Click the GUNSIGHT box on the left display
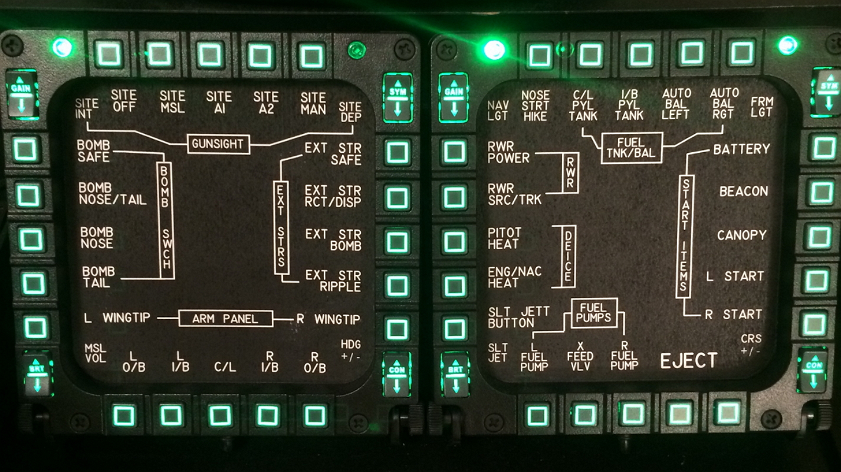pos(218,144)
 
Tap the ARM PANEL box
pos(225,319)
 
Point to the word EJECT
pos(688,360)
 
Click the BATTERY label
pos(741,149)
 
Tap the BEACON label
pos(743,192)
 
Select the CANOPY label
pos(741,235)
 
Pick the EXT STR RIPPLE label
pos(333,281)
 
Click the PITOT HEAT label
pos(504,238)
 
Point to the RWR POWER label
pos(508,152)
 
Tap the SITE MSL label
pos(172,101)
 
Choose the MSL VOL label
pos(95,353)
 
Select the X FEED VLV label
pos(580,356)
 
